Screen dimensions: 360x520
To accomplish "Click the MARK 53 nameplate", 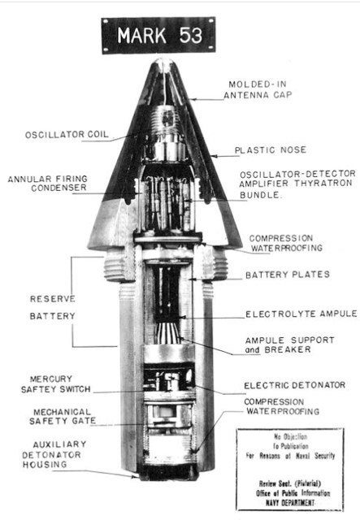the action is click(x=158, y=35).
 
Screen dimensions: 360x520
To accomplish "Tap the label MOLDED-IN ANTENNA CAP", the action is click(x=258, y=89).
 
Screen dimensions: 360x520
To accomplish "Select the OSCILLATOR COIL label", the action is click(x=67, y=134).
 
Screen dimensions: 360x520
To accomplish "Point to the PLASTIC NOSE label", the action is click(x=271, y=149).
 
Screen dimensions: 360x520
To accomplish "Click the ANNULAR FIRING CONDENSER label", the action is click(x=48, y=183).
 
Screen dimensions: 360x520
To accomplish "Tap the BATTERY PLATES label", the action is click(x=288, y=275).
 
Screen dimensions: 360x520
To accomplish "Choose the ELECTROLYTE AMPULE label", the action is click(x=301, y=314).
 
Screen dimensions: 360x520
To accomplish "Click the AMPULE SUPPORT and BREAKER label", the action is click(x=289, y=344).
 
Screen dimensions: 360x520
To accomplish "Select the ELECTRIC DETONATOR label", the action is click(x=295, y=385).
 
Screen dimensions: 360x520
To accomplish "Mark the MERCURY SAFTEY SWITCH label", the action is click(x=56, y=384).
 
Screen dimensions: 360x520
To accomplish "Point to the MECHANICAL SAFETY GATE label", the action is click(x=63, y=416).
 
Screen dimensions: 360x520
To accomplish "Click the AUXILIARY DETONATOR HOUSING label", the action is click(x=54, y=454).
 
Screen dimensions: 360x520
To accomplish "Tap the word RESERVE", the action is click(x=53, y=299).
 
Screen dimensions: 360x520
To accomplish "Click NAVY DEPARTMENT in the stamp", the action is click(x=289, y=503).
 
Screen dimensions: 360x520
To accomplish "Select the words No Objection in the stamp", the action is click(x=291, y=436).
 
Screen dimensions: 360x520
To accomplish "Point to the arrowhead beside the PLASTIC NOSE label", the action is click(x=214, y=156).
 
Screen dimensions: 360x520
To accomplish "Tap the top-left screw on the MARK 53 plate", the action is click(x=106, y=21).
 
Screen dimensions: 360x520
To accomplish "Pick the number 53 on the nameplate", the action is click(x=191, y=35).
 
